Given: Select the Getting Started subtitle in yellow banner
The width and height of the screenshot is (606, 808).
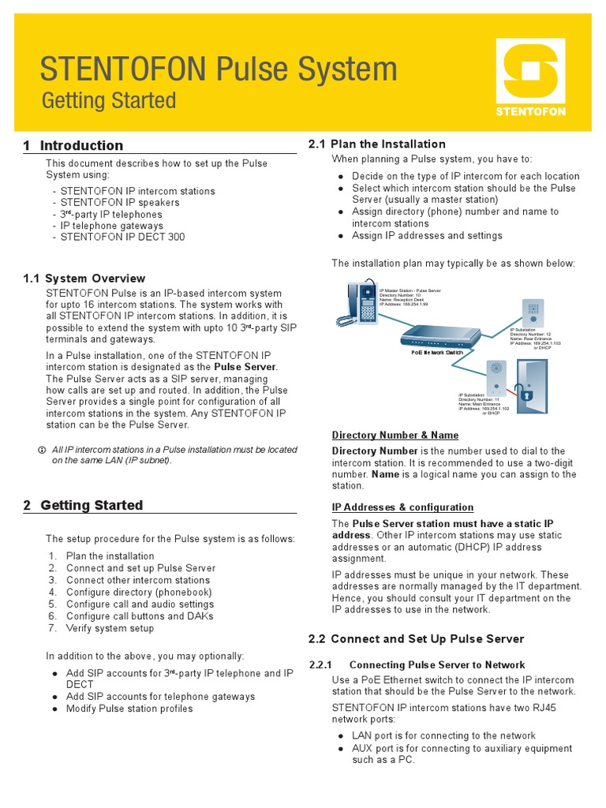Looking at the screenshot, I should (x=108, y=101).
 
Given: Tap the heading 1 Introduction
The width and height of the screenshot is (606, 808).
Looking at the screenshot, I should (x=73, y=145).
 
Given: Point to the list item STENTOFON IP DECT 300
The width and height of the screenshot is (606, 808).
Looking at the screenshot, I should (x=122, y=238).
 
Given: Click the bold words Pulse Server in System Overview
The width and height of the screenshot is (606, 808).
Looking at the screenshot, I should (x=245, y=367).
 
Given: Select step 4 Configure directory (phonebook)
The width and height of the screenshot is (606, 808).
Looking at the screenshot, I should (x=138, y=592).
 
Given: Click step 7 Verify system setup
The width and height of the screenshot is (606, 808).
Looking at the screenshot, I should (x=110, y=628).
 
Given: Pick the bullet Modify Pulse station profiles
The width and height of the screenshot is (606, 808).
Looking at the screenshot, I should (x=129, y=709).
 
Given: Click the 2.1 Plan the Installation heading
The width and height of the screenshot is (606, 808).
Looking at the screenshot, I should (x=376, y=144).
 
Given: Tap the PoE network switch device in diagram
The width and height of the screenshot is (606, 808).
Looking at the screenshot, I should (x=440, y=339).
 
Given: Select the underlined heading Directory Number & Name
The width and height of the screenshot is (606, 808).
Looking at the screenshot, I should (x=395, y=435).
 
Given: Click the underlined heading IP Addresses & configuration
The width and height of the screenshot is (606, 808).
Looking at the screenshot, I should (x=402, y=507).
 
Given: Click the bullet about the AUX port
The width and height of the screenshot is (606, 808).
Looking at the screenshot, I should (x=462, y=754).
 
